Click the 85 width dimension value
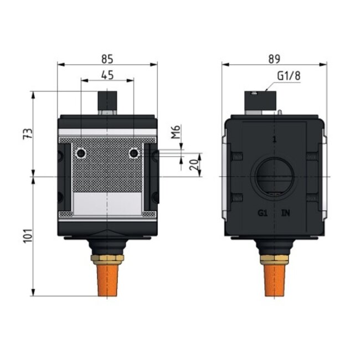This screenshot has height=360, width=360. coord(108,56)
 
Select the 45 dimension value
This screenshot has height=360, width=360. coord(108,74)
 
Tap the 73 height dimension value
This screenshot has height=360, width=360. coord(28,133)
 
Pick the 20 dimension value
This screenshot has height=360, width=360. coord(192,164)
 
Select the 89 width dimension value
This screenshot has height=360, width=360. coord(274,56)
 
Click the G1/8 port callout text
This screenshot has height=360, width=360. coord(289,76)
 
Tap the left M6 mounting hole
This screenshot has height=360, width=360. coord(81,153)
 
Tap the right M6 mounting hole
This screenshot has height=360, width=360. coord(133,153)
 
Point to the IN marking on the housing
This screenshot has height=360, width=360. coord(286,213)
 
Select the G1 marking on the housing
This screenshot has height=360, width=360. coord(263,213)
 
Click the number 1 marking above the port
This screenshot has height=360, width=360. coord(274,139)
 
